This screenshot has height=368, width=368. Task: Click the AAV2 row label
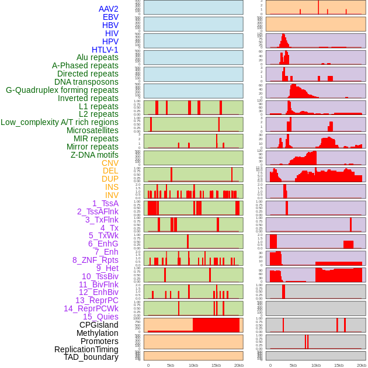[x=109, y=9]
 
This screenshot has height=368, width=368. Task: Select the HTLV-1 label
[x=105, y=50]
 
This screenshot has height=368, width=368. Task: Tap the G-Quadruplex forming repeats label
[x=62, y=90]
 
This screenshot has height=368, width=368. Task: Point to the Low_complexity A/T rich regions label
[x=60, y=122]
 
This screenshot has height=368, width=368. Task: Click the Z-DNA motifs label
[x=95, y=155]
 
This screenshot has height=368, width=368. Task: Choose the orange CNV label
[x=110, y=163]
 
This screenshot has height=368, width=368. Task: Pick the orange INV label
[x=112, y=195]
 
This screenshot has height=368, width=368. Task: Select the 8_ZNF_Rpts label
[x=95, y=260]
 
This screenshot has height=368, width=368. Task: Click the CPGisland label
[x=99, y=325]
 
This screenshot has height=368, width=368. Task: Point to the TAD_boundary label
[x=91, y=357]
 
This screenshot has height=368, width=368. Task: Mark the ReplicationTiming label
[x=86, y=349]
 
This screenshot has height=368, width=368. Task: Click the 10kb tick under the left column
[x=193, y=365]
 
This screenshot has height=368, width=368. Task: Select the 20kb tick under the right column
[x=362, y=365]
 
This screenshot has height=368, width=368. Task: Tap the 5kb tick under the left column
[x=171, y=365]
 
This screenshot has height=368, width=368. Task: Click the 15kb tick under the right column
[x=339, y=365]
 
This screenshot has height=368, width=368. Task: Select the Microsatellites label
[x=92, y=130]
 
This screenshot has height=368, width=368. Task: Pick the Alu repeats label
[x=98, y=57]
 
